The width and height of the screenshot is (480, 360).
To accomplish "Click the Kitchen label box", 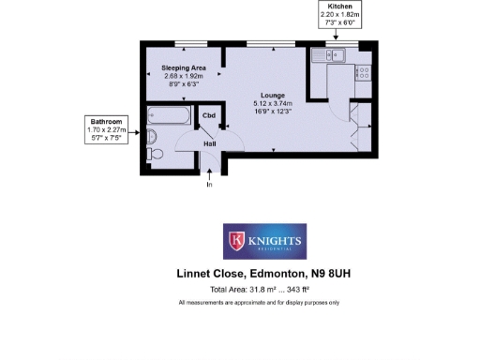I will coord(338,18).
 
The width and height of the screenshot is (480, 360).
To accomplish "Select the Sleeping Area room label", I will coord(183,68).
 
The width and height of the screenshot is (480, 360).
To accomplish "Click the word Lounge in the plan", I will coord(273,96).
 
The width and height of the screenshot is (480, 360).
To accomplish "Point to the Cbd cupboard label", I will coord(208,115).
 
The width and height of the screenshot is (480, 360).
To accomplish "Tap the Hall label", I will coord(210,143).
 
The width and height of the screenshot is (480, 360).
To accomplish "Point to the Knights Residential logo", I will coord(264,242).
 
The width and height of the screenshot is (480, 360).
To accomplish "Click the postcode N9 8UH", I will coord(337,275).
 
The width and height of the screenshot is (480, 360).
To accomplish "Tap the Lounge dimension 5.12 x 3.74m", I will coord(273,103).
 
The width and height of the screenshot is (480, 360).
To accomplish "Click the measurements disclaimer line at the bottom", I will coord(259,303).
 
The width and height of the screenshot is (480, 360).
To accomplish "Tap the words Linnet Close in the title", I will coord(211,275).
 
